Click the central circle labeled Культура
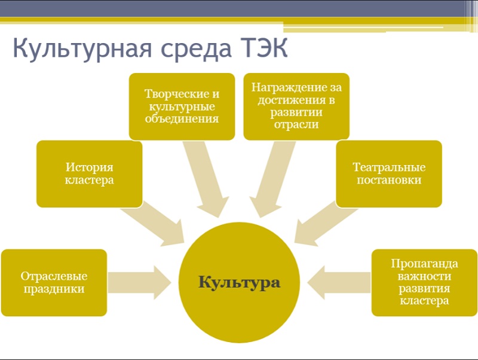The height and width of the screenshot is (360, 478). (240, 282)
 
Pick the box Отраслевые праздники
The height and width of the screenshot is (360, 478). (54, 282)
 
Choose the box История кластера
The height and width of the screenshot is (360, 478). (89, 173)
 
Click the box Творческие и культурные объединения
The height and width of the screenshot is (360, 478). (182, 106)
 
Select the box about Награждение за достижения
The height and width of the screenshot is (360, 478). (296, 106)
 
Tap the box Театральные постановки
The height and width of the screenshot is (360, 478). (389, 173)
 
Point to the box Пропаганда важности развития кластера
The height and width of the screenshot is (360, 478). (424, 282)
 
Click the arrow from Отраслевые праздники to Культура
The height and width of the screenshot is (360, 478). (139, 282)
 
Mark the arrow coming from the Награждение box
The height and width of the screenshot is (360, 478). (271, 179)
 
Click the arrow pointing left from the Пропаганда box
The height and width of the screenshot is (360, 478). (339, 282)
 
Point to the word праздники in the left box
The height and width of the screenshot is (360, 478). (54, 289)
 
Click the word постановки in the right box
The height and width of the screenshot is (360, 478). (389, 180)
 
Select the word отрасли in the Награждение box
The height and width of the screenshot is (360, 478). (296, 125)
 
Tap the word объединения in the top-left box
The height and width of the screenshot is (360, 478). (182, 119)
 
